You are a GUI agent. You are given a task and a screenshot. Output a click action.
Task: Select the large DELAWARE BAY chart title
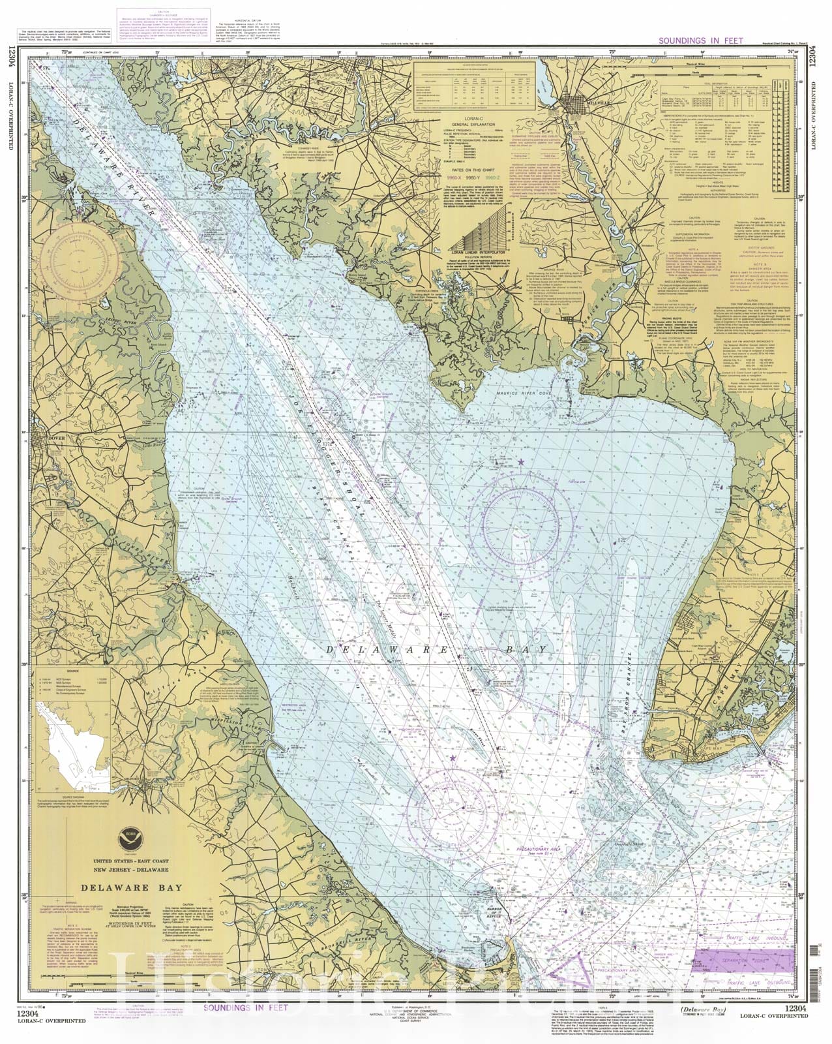(x=124, y=887)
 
